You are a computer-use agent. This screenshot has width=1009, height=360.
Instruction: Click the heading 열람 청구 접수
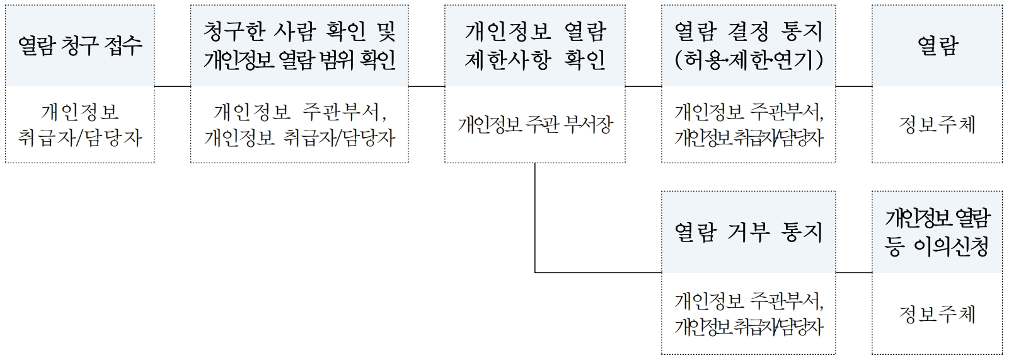[x=79, y=45]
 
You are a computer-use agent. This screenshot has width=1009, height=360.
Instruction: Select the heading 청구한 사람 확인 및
[x=299, y=31]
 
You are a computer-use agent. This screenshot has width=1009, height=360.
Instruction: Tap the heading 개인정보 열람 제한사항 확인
[x=534, y=45]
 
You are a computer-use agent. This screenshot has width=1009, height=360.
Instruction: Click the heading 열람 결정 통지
[x=748, y=31]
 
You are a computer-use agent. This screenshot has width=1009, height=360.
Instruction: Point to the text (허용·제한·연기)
[x=748, y=60]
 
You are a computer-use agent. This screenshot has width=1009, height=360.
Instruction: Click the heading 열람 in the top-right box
[x=937, y=45]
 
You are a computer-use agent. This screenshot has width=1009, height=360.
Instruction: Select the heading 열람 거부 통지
[x=748, y=233]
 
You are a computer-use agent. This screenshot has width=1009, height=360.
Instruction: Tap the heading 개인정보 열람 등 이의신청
[x=937, y=232]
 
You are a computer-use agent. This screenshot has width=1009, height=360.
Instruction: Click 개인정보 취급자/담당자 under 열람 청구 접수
[x=79, y=125]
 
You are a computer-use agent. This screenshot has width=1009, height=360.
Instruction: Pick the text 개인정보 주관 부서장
[x=534, y=125]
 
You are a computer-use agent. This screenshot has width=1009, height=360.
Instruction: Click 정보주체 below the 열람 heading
[x=937, y=125]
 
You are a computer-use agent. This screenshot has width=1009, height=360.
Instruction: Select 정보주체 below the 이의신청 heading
[x=937, y=313]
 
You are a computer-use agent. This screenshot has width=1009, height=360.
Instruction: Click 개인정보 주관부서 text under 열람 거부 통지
[x=748, y=301]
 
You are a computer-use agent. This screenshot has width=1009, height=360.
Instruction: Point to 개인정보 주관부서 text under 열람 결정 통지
[x=748, y=112]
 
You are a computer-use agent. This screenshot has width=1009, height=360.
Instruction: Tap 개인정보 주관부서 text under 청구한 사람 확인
[x=299, y=112]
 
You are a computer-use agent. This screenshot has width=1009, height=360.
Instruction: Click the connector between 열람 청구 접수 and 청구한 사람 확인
[x=172, y=86]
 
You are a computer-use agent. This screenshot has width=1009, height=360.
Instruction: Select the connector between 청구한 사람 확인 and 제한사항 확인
[x=426, y=86]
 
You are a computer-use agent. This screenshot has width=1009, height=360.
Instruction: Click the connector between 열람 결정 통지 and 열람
[x=854, y=86]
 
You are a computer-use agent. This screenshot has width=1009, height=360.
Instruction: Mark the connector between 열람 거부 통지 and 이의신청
[x=854, y=273]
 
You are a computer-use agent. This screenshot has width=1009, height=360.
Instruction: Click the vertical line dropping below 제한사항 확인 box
[x=535, y=218]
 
